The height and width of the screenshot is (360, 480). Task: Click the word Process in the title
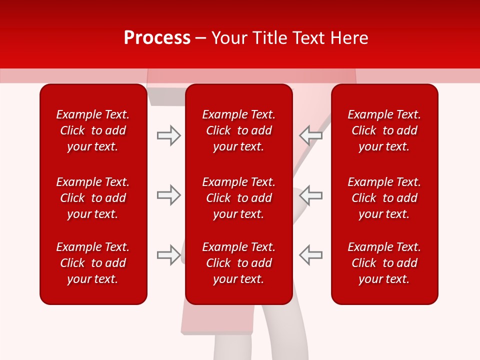(x=157, y=38)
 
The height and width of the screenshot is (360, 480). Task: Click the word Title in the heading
(x=269, y=38)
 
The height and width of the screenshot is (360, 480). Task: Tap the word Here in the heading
(x=348, y=38)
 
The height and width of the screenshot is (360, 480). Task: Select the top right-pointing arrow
(x=168, y=135)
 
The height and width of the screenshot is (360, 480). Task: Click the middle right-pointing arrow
(x=168, y=195)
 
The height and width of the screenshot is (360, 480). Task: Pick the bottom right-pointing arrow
(x=168, y=255)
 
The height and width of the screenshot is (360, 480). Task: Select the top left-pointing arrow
(x=310, y=135)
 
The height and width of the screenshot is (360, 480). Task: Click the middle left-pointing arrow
(x=310, y=195)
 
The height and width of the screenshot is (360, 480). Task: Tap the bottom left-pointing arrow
(x=310, y=255)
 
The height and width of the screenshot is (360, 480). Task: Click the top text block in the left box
(x=93, y=130)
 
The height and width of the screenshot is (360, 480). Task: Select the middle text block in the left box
(x=93, y=198)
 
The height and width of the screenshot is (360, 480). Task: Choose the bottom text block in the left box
(x=93, y=263)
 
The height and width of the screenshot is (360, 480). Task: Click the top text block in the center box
(x=238, y=130)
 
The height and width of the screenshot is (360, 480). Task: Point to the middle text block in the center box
(x=238, y=198)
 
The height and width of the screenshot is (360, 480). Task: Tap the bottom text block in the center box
(x=238, y=263)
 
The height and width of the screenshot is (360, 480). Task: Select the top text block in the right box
(x=384, y=130)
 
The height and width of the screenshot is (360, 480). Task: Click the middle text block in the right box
(x=384, y=198)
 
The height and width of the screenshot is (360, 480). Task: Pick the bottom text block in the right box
(x=384, y=263)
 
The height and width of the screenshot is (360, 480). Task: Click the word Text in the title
(x=308, y=38)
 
